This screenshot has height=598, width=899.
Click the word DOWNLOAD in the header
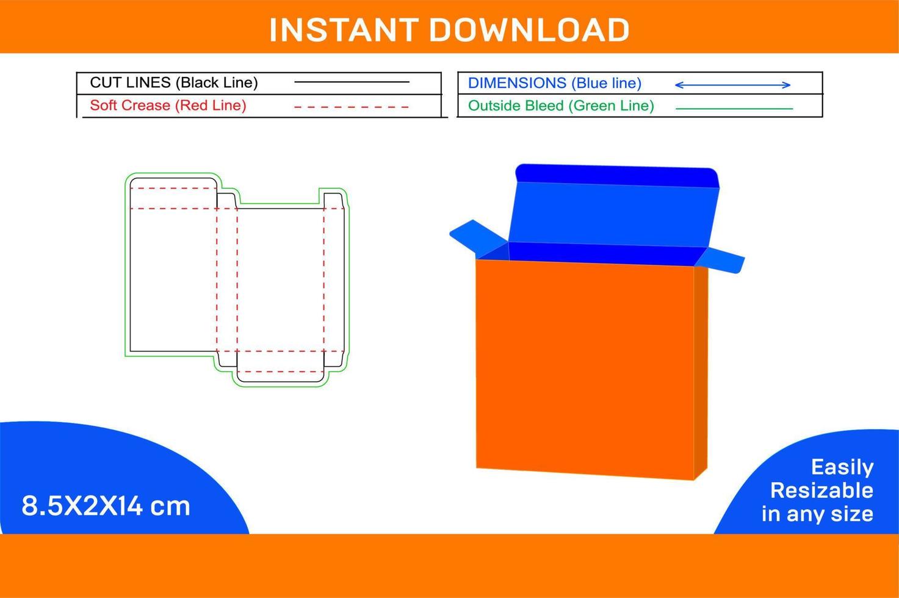[529, 30]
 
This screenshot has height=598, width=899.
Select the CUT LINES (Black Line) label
[174, 82]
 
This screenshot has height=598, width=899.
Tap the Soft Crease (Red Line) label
[168, 106]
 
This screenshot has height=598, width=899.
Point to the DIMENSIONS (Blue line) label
[554, 83]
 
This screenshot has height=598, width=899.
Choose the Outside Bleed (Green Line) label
[560, 106]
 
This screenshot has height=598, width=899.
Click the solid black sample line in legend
[351, 82]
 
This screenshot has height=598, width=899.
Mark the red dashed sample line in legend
[351, 107]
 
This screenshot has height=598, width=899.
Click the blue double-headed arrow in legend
[732, 85]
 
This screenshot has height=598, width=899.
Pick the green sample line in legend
[734, 109]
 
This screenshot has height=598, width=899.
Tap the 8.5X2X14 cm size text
[106, 506]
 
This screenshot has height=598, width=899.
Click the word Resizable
[821, 490]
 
